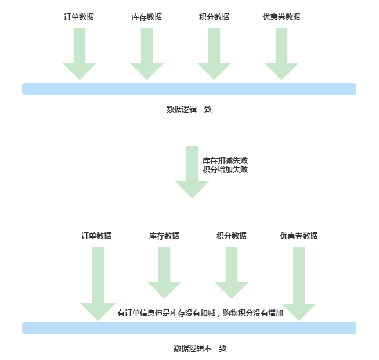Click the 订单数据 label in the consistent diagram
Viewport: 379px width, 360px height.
tap(79, 17)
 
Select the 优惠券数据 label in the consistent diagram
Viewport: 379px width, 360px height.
tap(281, 17)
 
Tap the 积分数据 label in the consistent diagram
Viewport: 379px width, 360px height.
tap(214, 17)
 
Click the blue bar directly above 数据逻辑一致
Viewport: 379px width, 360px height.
tap(189, 89)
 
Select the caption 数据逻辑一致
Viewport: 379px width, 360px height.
tap(189, 109)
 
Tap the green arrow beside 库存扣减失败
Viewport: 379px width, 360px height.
tap(192, 172)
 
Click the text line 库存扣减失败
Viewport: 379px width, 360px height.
tap(225, 160)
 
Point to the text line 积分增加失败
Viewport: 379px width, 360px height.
tap(225, 170)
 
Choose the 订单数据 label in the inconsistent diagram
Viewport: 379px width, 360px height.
tap(96, 236)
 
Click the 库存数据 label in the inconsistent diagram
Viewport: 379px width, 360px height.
tap(164, 236)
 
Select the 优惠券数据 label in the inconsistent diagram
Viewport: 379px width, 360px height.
tap(299, 236)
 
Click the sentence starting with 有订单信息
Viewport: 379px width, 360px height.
tap(200, 313)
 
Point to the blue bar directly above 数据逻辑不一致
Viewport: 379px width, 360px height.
tap(189, 328)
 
